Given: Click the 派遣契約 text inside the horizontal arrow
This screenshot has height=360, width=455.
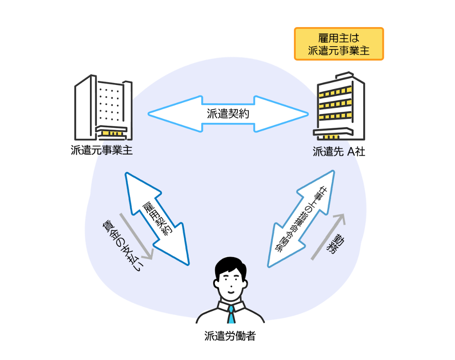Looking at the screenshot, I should pyautogui.click(x=228, y=114).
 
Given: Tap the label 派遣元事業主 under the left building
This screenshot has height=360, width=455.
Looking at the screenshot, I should pyautogui.click(x=102, y=150).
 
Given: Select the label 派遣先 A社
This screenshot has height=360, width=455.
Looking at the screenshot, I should pyautogui.click(x=339, y=151).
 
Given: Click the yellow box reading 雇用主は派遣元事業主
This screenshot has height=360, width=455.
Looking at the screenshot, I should pyautogui.click(x=339, y=44).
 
